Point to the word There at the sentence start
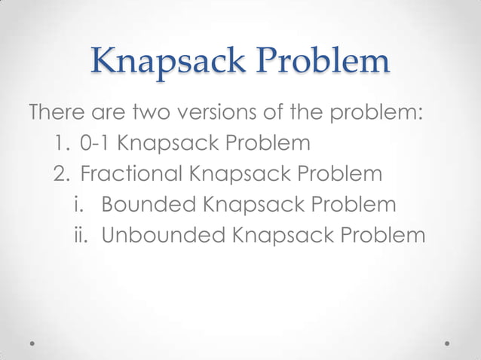55,114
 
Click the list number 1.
60,143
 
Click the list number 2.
60,175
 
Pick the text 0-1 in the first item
94,143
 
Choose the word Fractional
131,175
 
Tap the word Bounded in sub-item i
147,205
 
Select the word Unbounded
164,236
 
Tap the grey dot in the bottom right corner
447,343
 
